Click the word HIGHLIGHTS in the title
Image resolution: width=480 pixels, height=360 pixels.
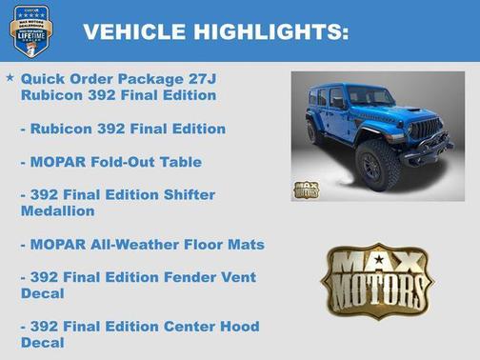[266, 32]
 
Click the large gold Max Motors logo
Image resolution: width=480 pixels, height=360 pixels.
[376, 281]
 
